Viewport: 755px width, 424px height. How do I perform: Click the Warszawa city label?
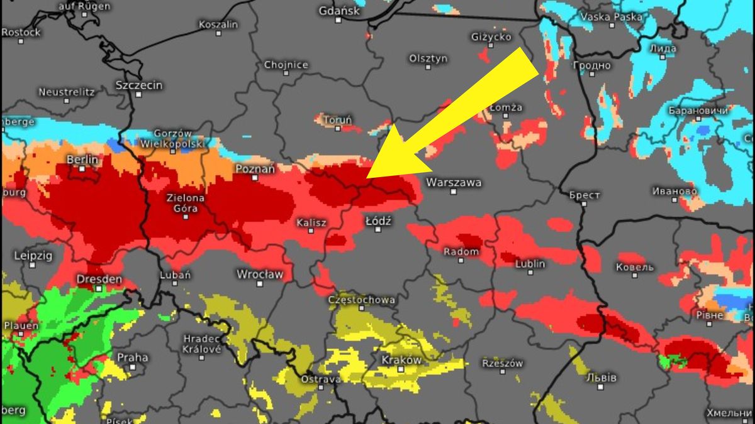click(454, 183)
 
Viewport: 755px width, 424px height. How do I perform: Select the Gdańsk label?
click(338, 11)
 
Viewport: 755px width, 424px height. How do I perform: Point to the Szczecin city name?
click(139, 85)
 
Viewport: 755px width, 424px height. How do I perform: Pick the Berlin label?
click(82, 160)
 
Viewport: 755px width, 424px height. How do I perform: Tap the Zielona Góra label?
click(185, 203)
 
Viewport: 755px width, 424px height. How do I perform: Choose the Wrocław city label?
click(260, 275)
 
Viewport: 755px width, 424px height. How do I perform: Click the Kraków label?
click(401, 360)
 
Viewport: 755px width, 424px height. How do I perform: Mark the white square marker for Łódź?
click(378, 230)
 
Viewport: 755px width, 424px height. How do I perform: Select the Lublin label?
click(530, 264)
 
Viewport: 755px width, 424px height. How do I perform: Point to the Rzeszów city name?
click(502, 363)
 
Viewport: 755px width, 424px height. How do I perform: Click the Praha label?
click(133, 357)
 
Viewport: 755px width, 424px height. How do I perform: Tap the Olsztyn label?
click(428, 58)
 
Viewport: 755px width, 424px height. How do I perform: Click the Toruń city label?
click(337, 119)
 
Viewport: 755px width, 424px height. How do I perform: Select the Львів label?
click(600, 378)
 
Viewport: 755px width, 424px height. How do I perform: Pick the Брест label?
click(584, 195)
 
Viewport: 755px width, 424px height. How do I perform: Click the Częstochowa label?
click(362, 300)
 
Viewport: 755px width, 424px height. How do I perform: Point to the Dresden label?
click(99, 279)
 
